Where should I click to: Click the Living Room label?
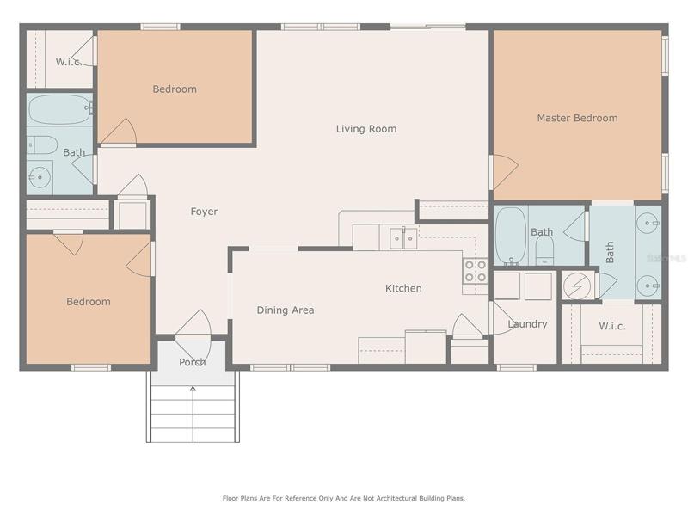pyautogui.click(x=366, y=129)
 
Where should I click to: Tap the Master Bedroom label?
pyautogui.click(x=577, y=118)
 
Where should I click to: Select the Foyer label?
pyautogui.click(x=204, y=212)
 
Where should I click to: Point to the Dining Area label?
pyautogui.click(x=286, y=310)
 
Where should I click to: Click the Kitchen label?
pyautogui.click(x=403, y=288)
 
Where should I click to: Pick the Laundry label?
pyautogui.click(x=527, y=324)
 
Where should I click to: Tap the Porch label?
pyautogui.click(x=192, y=362)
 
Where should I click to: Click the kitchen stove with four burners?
pyautogui.click(x=476, y=271)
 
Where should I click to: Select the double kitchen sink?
pyautogui.click(x=403, y=239)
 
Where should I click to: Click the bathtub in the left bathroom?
pyautogui.click(x=59, y=110)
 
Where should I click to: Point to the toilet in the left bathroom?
pyautogui.click(x=42, y=144)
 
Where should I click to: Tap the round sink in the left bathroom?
pyautogui.click(x=40, y=177)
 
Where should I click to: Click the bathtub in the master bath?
pyautogui.click(x=511, y=235)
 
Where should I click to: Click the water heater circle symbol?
pyautogui.click(x=576, y=286)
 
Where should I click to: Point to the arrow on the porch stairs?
pyautogui.click(x=193, y=414)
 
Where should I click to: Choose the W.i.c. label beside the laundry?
pyautogui.click(x=612, y=327)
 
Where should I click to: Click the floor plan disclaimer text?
pyautogui.click(x=343, y=499)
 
